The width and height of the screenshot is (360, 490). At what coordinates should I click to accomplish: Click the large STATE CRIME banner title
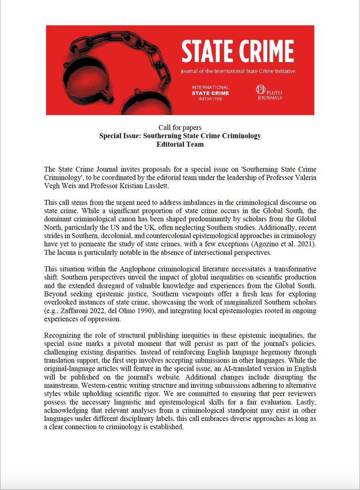pos(237,52)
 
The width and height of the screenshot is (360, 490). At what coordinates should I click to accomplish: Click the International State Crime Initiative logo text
pos(211,93)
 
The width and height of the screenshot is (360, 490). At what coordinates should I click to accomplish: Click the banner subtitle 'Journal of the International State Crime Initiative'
pos(238,71)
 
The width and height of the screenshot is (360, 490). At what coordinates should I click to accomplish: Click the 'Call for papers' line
pos(180,128)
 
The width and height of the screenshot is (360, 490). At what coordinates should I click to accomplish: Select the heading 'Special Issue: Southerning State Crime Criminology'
pos(180,136)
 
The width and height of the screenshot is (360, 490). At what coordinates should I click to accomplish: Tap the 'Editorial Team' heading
pos(180,144)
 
